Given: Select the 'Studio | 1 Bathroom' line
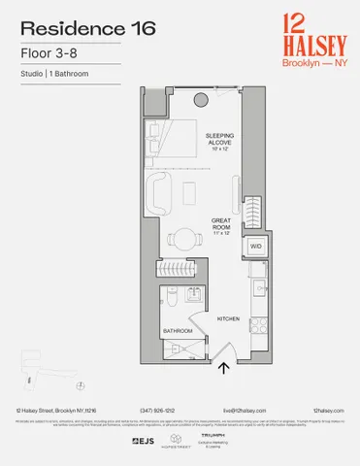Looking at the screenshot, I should [x=53, y=74].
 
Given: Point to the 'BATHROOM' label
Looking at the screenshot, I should [x=179, y=331].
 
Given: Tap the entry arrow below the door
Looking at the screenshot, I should [x=225, y=367].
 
